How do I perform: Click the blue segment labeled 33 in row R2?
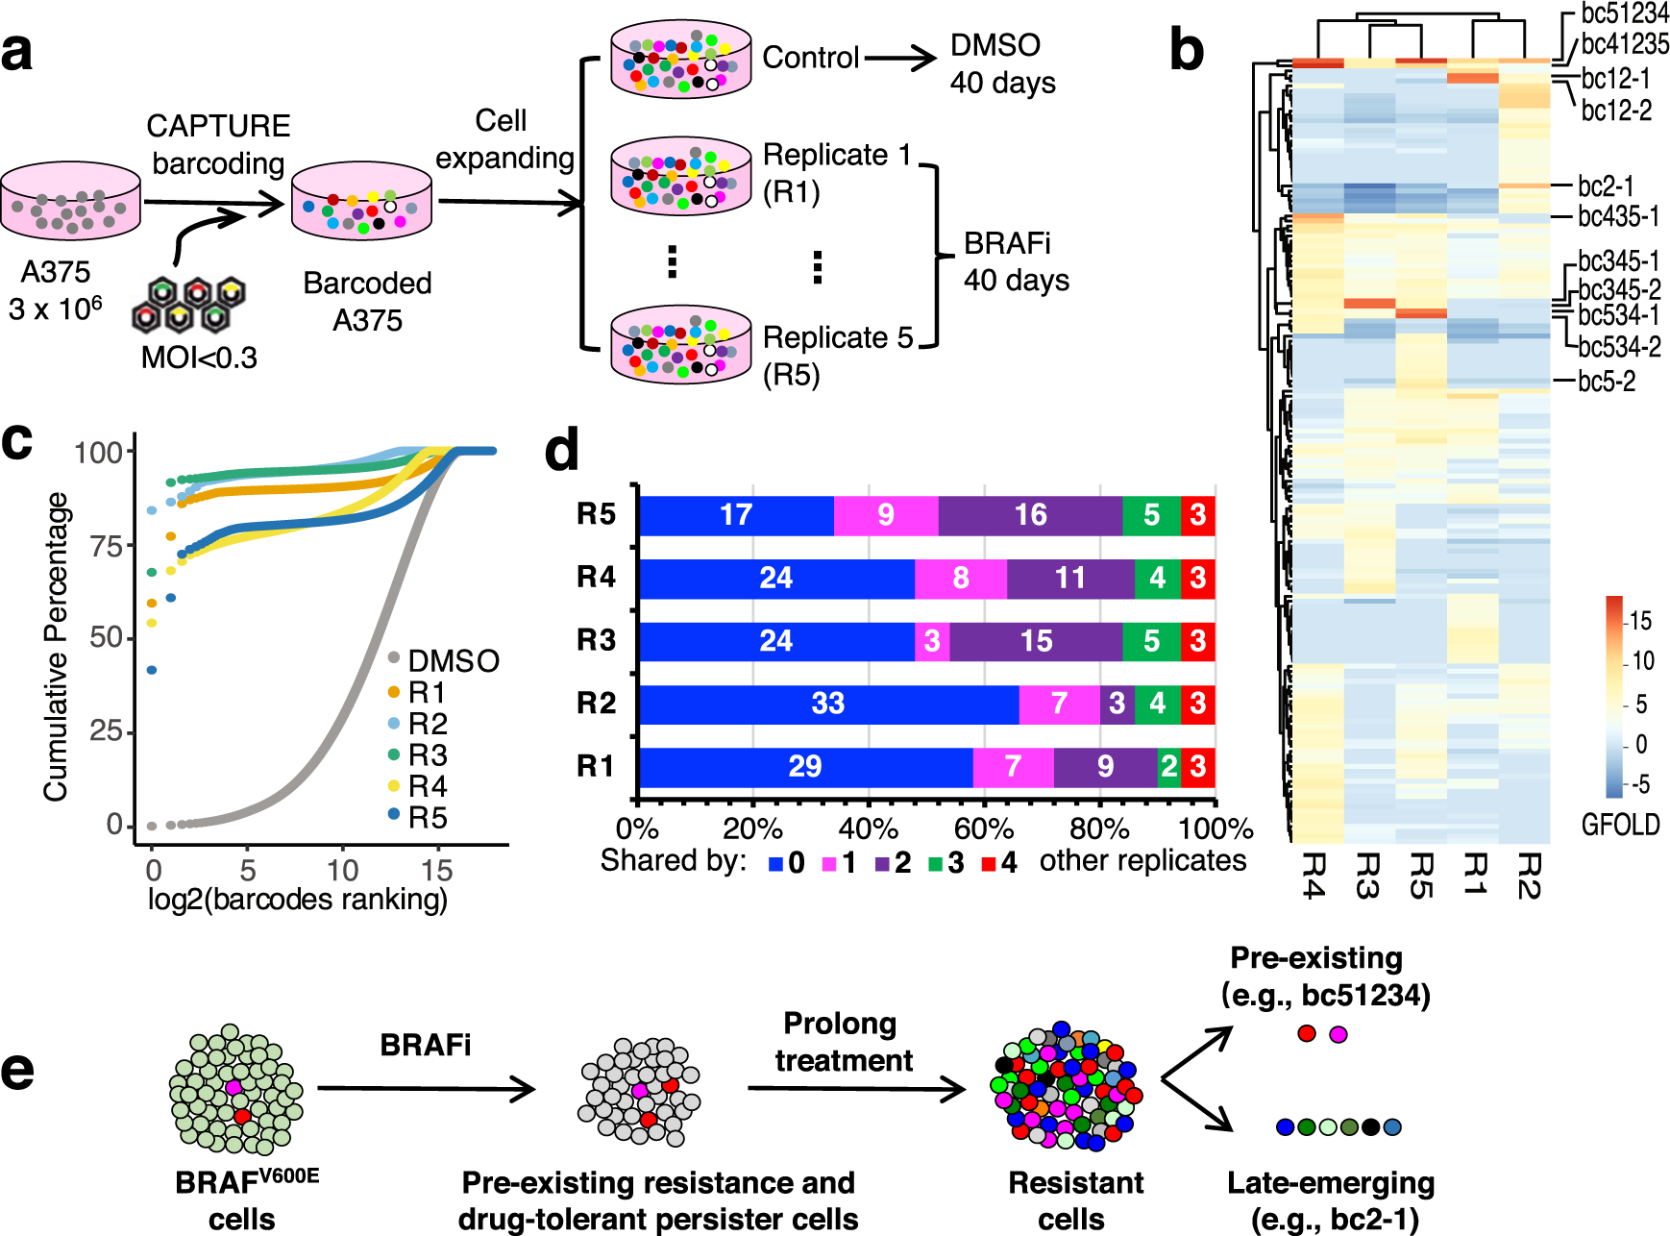coord(828,704)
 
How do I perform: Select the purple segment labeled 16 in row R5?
coord(1030,515)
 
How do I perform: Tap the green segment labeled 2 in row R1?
coord(1168,767)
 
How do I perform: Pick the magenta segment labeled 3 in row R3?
coord(932,641)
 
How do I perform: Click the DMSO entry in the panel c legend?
coord(453,661)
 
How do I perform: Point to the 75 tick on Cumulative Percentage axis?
coord(106,546)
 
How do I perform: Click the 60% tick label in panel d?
coord(983,828)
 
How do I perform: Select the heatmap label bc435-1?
coord(1619,216)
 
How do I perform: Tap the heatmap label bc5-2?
coord(1607,382)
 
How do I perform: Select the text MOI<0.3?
coord(199,358)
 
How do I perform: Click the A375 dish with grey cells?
coord(71,201)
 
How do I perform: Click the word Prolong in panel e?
coord(840,1024)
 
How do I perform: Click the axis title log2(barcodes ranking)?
coord(297,900)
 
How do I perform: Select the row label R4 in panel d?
coord(596,577)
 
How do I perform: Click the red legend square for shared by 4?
coord(988,864)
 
